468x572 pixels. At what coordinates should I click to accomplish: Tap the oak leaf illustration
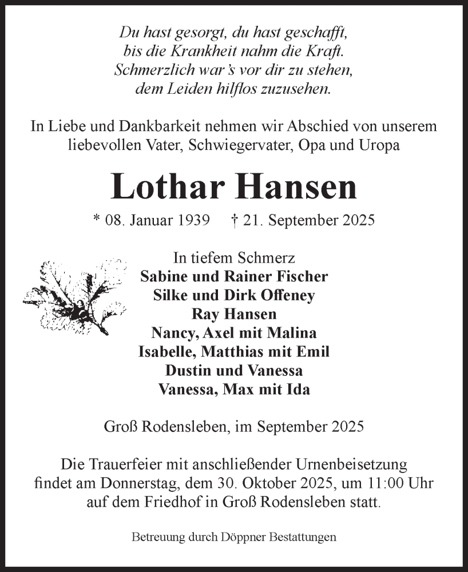(74, 295)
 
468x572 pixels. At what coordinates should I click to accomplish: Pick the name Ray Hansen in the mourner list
(233, 314)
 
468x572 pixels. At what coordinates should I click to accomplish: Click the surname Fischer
(303, 276)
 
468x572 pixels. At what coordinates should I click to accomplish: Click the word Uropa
(379, 145)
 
